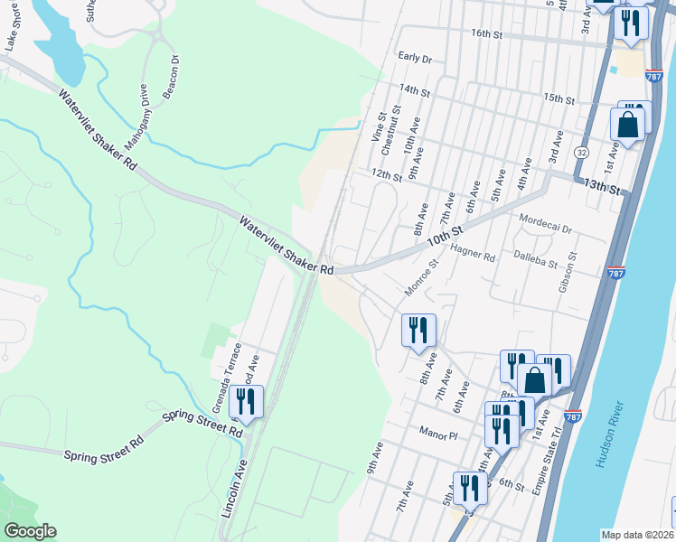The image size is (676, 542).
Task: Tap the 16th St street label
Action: coord(485,33)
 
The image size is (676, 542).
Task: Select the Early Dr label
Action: coord(416,58)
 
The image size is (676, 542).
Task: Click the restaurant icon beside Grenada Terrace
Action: coord(246,402)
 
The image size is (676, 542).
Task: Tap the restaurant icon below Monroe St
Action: coord(418,330)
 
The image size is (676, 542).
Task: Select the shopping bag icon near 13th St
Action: coord(630,125)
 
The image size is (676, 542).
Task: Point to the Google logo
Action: coord(31,531)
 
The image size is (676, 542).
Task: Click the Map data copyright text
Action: coord(637,535)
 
